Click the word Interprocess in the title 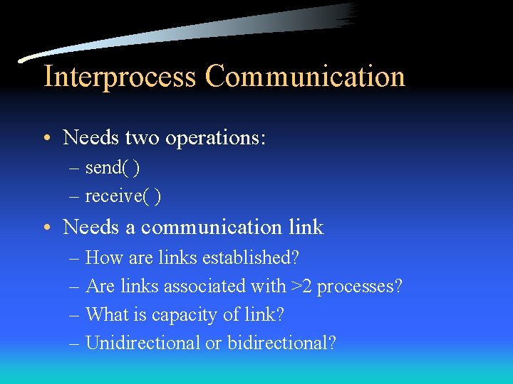tap(120, 77)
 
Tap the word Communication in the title tap(305, 77)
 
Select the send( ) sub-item tap(113, 168)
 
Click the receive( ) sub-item tap(123, 196)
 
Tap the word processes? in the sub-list tap(360, 287)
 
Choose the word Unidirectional tap(142, 343)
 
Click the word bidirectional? tap(281, 343)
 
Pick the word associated tap(204, 286)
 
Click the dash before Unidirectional tap(75, 343)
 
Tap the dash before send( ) tap(75, 169)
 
